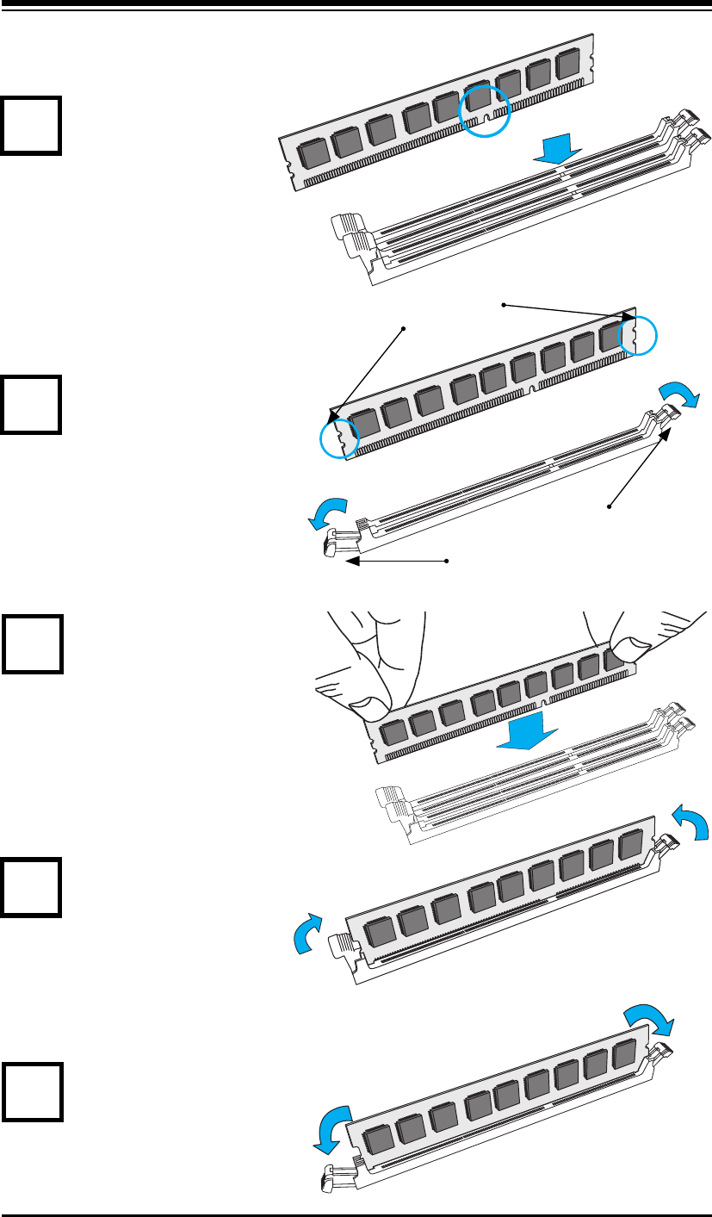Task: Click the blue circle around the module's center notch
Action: pyautogui.click(x=484, y=110)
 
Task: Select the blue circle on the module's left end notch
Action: pyautogui.click(x=337, y=438)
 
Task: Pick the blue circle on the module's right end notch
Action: pyautogui.click(x=637, y=335)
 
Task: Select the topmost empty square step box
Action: pyautogui.click(x=31, y=125)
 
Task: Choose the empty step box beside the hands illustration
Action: pyautogui.click(x=31, y=643)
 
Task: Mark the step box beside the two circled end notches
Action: pyautogui.click(x=31, y=404)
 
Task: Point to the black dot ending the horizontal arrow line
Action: pyautogui.click(x=448, y=562)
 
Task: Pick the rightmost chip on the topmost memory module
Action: pyautogui.click(x=567, y=66)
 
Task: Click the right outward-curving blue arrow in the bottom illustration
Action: pyautogui.click(x=649, y=1021)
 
